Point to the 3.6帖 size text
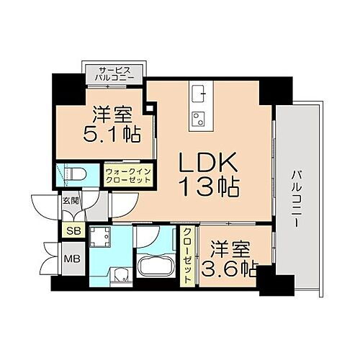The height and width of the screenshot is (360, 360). [x=229, y=269]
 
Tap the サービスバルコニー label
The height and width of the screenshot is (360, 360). [x=116, y=73]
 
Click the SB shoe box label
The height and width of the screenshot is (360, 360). [x=72, y=230]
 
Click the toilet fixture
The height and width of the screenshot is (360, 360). [x=75, y=173]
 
